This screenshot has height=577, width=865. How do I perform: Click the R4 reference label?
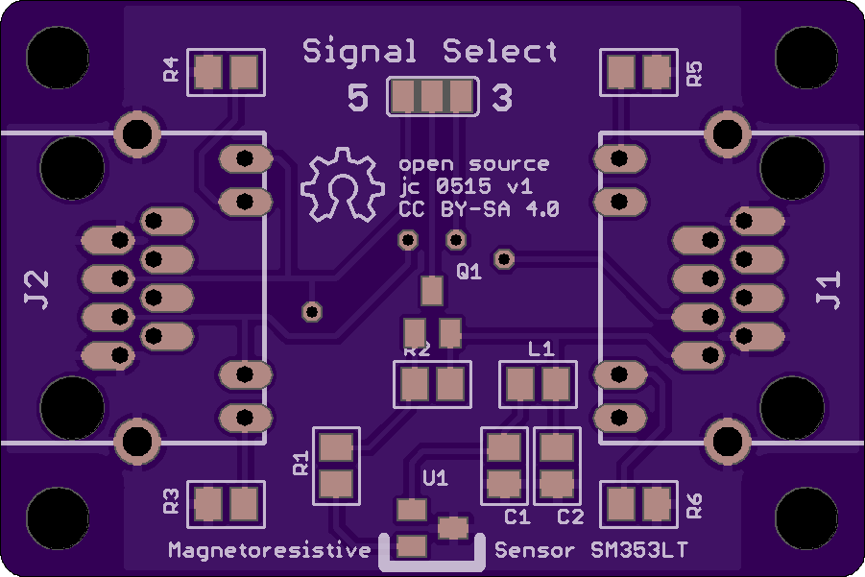coord(172,69)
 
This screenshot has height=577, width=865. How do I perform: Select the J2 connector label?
coord(36,290)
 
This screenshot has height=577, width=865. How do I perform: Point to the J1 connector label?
coord(829,290)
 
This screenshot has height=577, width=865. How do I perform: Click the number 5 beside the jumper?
coord(357,98)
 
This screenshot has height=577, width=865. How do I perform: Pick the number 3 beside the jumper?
coord(502,98)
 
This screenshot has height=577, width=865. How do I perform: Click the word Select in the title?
coord(500,51)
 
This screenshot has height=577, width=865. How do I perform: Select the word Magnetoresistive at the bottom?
coord(269,550)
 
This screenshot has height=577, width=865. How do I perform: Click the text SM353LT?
coord(638,550)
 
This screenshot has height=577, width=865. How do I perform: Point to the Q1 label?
coord(469,271)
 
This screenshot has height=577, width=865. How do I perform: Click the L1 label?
coord(541,349)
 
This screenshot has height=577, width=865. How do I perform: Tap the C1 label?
coord(517,517)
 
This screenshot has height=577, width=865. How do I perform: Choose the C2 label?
coord(570,517)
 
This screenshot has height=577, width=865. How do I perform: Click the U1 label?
coord(435,478)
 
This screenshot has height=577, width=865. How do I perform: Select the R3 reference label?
coord(172,501)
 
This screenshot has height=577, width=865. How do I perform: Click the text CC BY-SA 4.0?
coord(478,209)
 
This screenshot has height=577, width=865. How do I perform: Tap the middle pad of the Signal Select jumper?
coord(432,97)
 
